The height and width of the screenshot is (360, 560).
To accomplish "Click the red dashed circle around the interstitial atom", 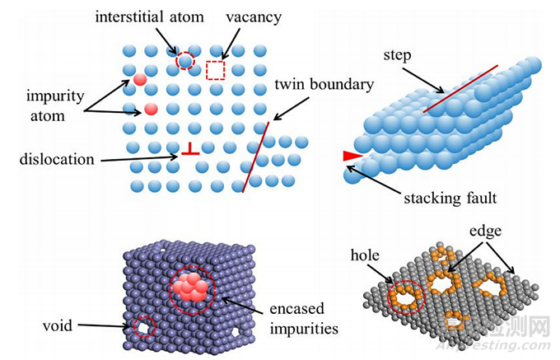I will (x=185, y=58).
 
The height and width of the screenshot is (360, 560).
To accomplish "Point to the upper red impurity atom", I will (x=140, y=80).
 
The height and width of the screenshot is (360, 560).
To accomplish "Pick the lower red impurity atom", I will (x=151, y=109).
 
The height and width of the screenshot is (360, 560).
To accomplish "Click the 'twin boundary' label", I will (x=324, y=84).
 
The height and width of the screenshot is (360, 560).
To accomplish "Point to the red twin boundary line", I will (x=256, y=157).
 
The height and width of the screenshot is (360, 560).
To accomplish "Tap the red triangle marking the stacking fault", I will (x=352, y=156).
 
